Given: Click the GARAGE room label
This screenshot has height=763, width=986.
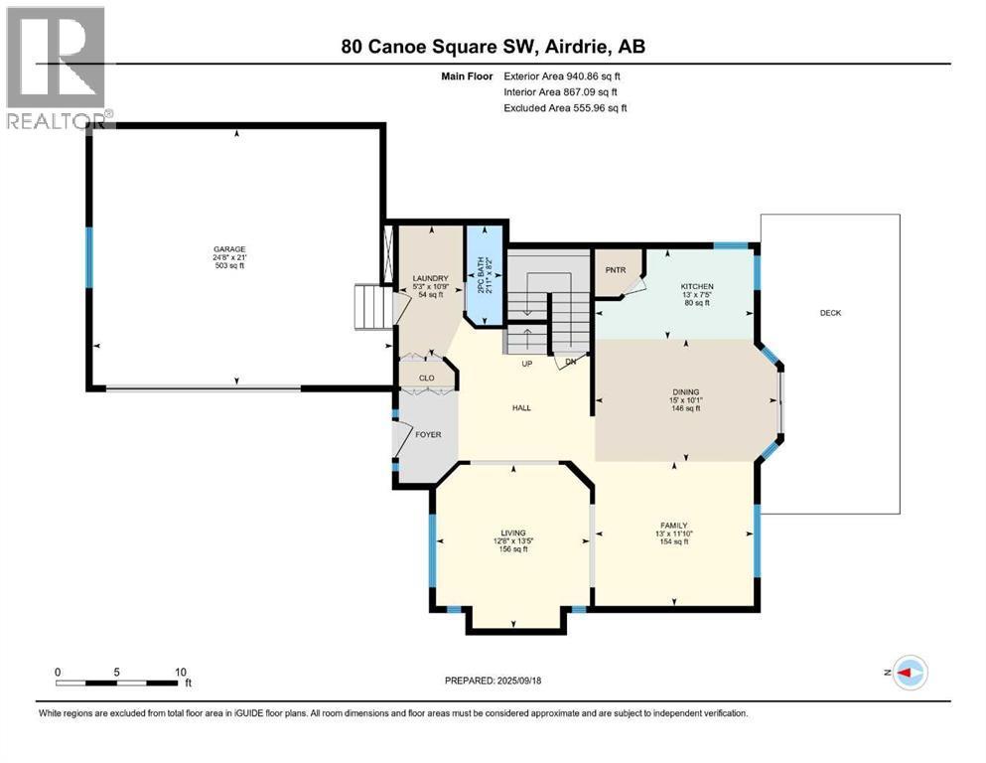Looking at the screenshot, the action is tap(229, 249).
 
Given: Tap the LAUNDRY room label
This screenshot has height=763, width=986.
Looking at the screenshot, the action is tap(431, 278).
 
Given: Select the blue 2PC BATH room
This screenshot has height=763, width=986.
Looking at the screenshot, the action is tap(485, 275).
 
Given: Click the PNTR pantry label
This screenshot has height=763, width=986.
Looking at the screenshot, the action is tap(616, 270).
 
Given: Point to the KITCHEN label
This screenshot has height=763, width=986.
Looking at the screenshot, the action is tap(697, 286).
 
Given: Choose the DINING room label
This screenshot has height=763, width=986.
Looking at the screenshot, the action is tap(685, 391).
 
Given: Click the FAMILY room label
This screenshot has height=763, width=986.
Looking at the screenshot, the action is tap(674, 526).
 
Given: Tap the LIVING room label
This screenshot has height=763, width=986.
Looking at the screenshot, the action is tap(513, 533).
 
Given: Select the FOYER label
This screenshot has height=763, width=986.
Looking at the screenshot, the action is tap(428, 435).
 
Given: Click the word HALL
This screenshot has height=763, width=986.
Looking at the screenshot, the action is tap(521, 407).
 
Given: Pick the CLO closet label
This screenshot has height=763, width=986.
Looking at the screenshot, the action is tap(426, 379).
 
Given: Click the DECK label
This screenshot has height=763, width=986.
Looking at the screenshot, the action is tap(830, 313).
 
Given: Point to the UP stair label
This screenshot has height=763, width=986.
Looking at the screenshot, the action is tap(527, 364).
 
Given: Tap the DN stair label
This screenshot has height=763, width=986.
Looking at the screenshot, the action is tap(571, 362).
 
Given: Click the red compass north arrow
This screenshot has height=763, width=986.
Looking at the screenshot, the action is tap(905, 673).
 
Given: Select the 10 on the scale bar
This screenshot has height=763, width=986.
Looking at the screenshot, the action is tap(181, 672).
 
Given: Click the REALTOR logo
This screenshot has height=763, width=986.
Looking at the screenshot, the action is tap(58, 67).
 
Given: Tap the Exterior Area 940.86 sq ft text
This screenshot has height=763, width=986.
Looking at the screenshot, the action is tap(562, 76).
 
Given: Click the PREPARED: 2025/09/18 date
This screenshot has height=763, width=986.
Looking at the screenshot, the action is tap(493, 681).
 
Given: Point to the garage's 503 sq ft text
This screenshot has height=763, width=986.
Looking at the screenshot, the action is tap(229, 265).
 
